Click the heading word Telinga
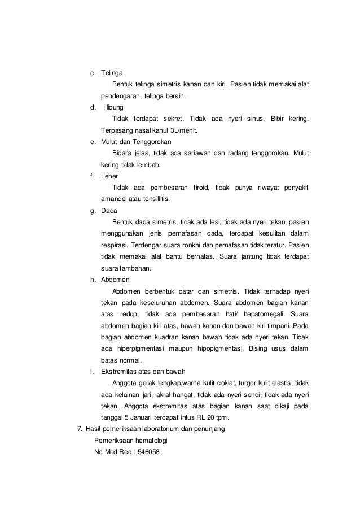pyautogui.click(x=112, y=73)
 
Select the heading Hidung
pyautogui.click(x=113, y=107)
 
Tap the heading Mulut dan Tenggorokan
pyautogui.click(x=136, y=141)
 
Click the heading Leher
pyautogui.click(x=109, y=176)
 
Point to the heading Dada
pyautogui.click(x=109, y=210)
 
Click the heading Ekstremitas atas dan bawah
pyautogui.click(x=142, y=372)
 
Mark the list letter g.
pyautogui.click(x=92, y=210)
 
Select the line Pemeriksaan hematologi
pyautogui.click(x=131, y=441)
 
